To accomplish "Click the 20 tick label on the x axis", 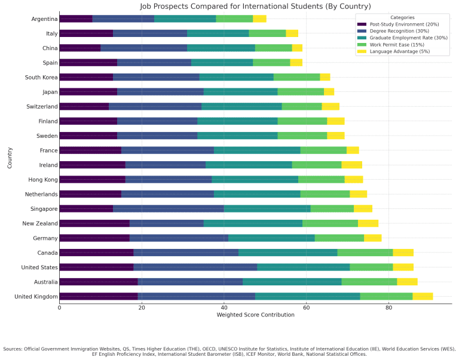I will [142, 307].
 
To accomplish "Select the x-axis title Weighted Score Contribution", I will [255, 315].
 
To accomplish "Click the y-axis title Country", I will [10, 158].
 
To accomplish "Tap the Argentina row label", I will [45, 19].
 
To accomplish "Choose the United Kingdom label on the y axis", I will [37, 296].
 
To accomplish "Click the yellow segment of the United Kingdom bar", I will [423, 296].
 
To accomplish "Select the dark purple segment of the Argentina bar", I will [76, 19].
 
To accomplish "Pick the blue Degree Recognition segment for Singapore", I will [169, 208].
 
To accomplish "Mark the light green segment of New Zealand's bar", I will [330, 223].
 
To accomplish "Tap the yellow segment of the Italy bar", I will [292, 33].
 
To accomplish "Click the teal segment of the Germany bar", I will [271, 238].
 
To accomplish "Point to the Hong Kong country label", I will [43, 180].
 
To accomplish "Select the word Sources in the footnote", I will [13, 349].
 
